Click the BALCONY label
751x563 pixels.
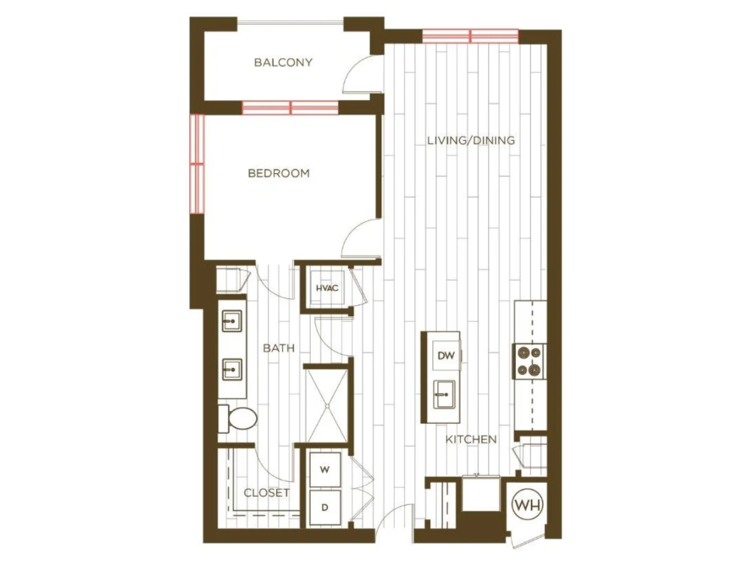click(283, 62)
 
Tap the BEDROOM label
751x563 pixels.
click(279, 173)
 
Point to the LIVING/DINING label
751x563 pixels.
click(471, 140)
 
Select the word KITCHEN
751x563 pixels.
click(470, 439)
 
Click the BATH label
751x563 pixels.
click(279, 348)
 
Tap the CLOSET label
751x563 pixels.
click(266, 492)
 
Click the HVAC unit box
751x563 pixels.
click(327, 288)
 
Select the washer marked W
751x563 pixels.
click(325, 470)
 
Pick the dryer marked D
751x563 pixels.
click(325, 507)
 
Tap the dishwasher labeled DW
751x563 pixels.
click(446, 355)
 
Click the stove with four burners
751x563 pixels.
click(530, 361)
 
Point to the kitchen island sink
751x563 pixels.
click(444, 394)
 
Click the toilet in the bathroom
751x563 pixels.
click(238, 418)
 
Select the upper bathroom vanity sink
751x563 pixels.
click(232, 321)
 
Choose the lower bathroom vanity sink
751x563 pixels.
click(232, 370)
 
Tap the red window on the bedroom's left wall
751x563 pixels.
click(197, 163)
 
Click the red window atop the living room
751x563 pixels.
click(470, 37)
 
